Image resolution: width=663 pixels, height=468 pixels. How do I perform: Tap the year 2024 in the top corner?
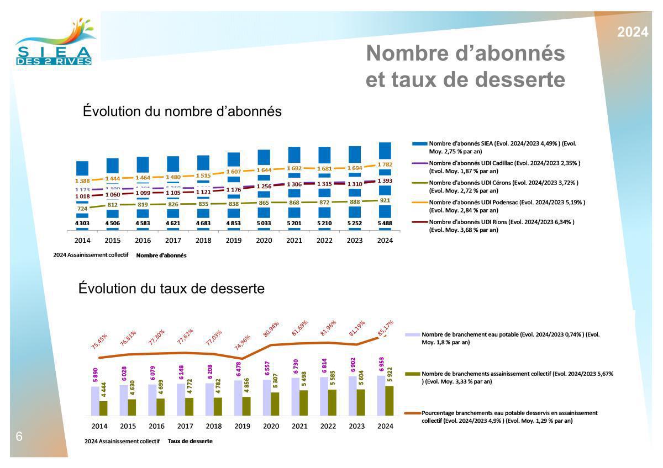pyautogui.click(x=633, y=32)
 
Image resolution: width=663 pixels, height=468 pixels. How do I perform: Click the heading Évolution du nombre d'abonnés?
pyautogui.click(x=182, y=111)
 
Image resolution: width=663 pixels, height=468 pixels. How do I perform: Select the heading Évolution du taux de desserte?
pyautogui.click(x=171, y=288)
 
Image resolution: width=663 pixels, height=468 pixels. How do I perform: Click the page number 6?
pyautogui.click(x=19, y=437)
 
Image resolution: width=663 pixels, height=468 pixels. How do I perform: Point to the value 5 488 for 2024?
pyautogui.click(x=385, y=223)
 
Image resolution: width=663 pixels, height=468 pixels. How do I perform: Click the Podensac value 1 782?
pyautogui.click(x=385, y=164)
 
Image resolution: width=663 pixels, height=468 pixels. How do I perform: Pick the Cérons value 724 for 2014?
pyautogui.click(x=82, y=209)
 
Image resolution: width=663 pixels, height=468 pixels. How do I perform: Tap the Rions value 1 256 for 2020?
pyautogui.click(x=265, y=187)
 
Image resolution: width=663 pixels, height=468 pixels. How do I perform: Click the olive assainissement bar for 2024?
pyautogui.click(x=389, y=400)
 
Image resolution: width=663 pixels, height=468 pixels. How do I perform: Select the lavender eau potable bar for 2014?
pyautogui.click(x=95, y=400)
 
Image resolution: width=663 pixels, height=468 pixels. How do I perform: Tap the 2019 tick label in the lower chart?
pyautogui.click(x=242, y=426)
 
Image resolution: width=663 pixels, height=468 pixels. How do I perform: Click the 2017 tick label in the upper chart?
pyautogui.click(x=173, y=240)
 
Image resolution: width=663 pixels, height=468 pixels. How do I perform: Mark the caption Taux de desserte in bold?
pyautogui.click(x=190, y=442)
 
